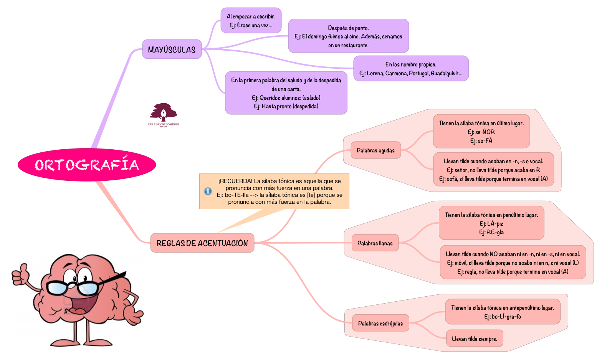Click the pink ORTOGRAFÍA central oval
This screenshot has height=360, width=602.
(x=87, y=165)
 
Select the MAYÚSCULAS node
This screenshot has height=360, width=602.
(x=172, y=50)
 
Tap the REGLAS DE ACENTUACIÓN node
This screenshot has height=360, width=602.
(x=202, y=243)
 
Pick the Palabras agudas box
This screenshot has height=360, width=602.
(x=375, y=150)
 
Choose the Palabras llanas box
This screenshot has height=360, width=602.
(x=375, y=243)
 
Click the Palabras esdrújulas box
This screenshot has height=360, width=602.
(x=380, y=324)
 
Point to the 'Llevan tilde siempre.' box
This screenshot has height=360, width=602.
(x=474, y=339)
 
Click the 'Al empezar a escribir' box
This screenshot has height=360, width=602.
(x=251, y=21)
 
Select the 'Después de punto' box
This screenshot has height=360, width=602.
(x=348, y=36)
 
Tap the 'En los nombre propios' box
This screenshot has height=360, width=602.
(x=411, y=69)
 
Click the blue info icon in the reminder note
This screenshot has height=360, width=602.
(x=208, y=191)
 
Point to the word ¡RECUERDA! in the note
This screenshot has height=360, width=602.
(x=235, y=181)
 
